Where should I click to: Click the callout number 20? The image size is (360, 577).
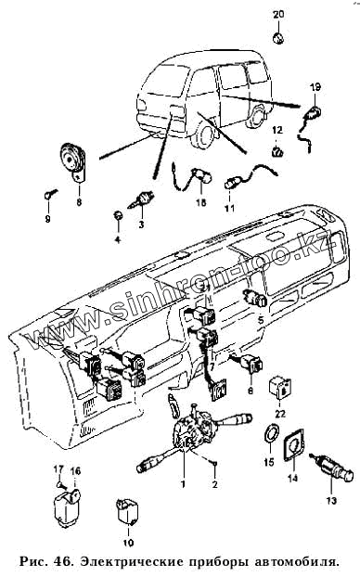pyautogui.click(x=278, y=15)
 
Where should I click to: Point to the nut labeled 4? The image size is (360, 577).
pyautogui.click(x=117, y=215)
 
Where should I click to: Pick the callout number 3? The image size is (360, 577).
pyautogui.click(x=141, y=224)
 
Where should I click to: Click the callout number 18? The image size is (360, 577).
pyautogui.click(x=201, y=202)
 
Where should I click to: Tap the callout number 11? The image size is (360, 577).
pyautogui.click(x=230, y=209)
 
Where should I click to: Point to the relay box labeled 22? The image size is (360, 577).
pyautogui.click(x=280, y=388)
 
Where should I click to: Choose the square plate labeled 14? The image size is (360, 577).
pyautogui.click(x=293, y=445)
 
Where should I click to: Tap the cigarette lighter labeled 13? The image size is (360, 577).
pyautogui.click(x=333, y=470)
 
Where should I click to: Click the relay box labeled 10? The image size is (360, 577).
pyautogui.click(x=127, y=510)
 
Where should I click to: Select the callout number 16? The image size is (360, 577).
pyautogui.click(x=75, y=471)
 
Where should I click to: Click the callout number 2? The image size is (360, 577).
pyautogui.click(x=215, y=484)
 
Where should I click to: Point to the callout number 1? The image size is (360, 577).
pyautogui.click(x=183, y=484)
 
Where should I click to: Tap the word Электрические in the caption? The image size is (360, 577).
pyautogui.click(x=132, y=562)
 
